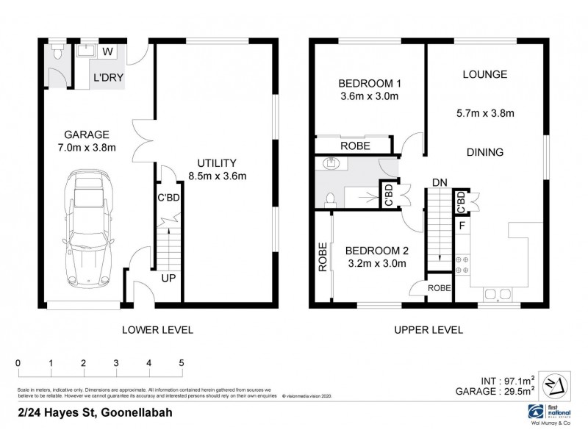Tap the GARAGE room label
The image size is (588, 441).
click(87, 135)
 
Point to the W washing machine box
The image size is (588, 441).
click(107, 51)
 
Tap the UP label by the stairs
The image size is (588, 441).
click(168, 279)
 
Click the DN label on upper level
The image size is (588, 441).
click(440, 182)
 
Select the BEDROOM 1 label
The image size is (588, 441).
click(368, 82)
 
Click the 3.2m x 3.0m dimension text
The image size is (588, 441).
click(376, 264)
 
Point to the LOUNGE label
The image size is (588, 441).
click(485, 74)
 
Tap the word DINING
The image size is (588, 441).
click(484, 153)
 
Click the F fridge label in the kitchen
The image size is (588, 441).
click(462, 225)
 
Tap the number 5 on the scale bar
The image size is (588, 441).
click(182, 362)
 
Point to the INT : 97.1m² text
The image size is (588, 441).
click(508, 381)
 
